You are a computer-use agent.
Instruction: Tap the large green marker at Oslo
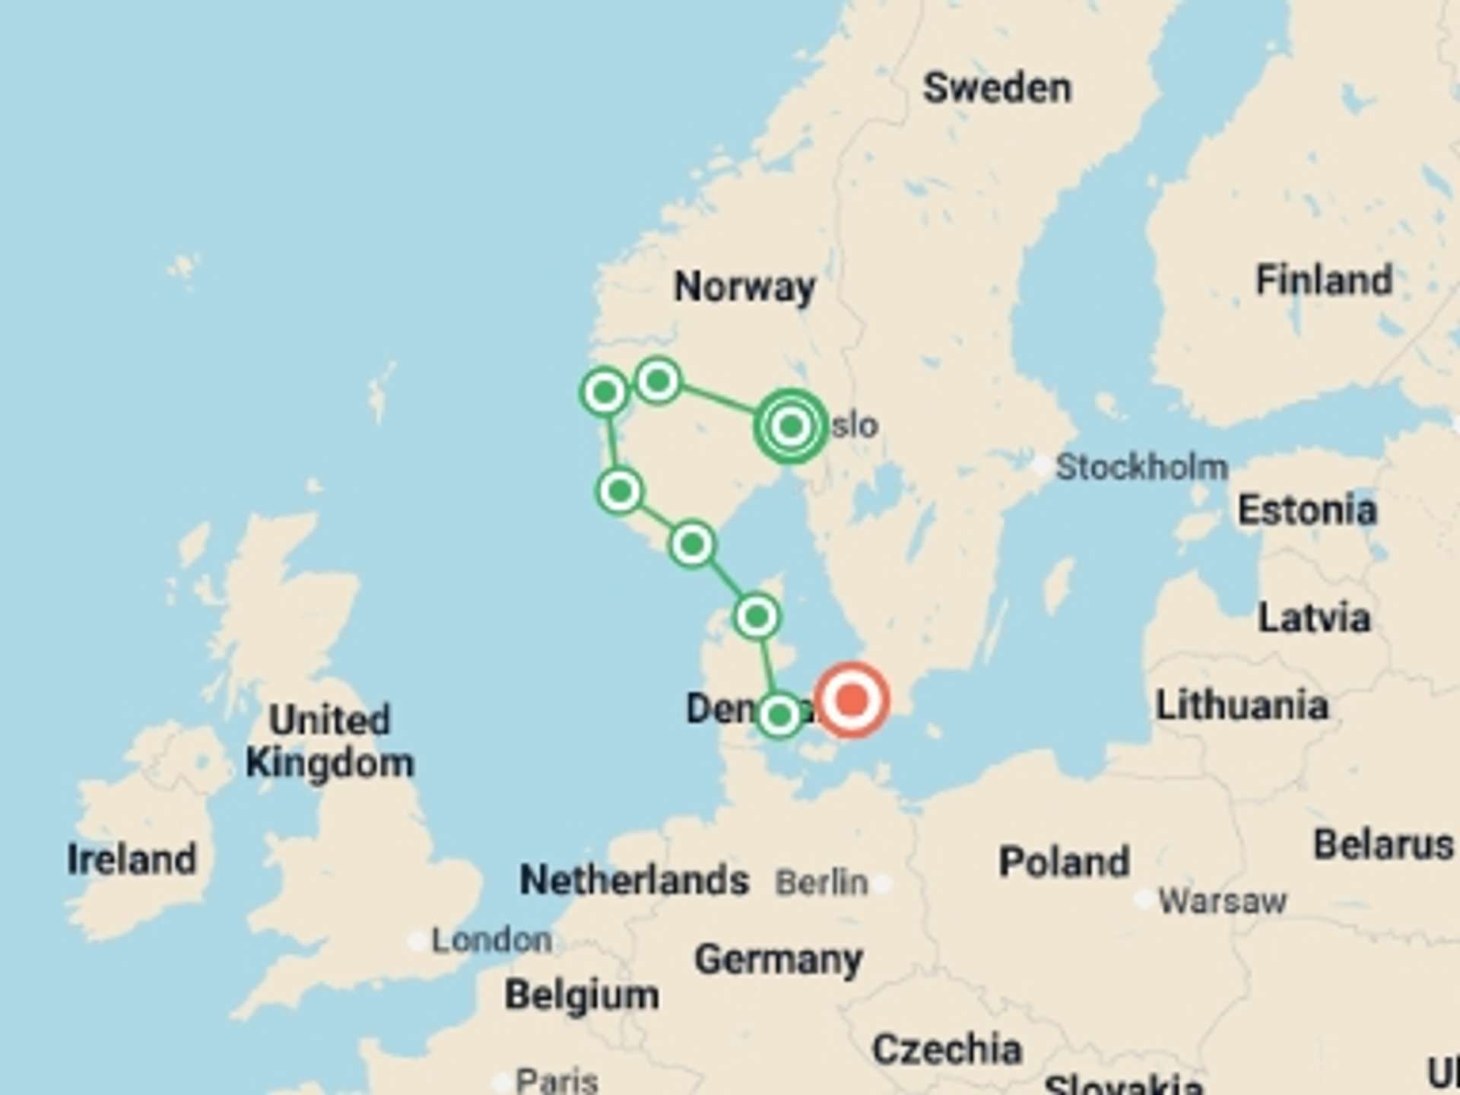click(x=791, y=426)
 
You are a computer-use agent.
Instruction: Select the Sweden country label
click(x=997, y=88)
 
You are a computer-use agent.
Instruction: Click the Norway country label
click(x=744, y=287)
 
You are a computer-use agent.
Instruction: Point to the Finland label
click(x=1324, y=280)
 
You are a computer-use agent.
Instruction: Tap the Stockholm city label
click(x=1141, y=467)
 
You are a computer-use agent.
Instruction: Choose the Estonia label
click(x=1307, y=509)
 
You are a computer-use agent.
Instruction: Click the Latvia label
click(x=1314, y=617)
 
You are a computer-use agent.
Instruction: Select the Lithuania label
click(x=1242, y=705)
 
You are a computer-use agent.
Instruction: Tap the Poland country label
click(x=1064, y=862)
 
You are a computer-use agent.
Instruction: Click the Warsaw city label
click(x=1222, y=901)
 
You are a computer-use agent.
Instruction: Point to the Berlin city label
click(x=821, y=883)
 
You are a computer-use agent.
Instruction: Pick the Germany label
click(x=778, y=959)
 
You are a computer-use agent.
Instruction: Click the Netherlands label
click(x=634, y=881)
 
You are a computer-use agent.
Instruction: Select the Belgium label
click(x=582, y=995)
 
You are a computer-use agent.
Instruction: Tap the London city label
click(x=491, y=941)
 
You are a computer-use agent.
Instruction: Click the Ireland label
click(x=132, y=859)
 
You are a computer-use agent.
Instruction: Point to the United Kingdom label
click(x=330, y=741)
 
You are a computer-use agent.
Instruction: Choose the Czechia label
click(x=947, y=1049)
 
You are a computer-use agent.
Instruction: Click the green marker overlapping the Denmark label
click(x=779, y=715)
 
